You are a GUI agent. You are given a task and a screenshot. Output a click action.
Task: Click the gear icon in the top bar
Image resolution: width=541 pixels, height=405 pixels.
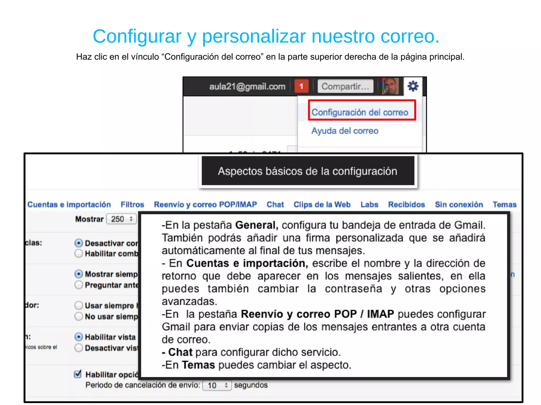click(x=413, y=86)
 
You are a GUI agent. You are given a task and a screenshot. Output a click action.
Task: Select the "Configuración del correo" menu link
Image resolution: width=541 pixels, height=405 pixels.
click(x=360, y=112)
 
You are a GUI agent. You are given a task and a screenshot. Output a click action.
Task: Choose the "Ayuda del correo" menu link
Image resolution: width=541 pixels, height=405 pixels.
click(x=345, y=131)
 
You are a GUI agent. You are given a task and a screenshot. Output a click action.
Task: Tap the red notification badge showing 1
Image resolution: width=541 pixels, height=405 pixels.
click(x=301, y=86)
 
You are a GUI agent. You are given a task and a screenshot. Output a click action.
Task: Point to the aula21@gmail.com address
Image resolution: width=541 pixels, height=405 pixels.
click(x=247, y=87)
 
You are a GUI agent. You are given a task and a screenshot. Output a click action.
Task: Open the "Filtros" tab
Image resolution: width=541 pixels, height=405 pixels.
click(x=132, y=204)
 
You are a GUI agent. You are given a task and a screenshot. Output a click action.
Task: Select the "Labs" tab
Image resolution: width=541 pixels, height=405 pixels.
click(x=369, y=204)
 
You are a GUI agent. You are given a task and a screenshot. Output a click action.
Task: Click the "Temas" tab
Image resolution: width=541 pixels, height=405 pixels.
click(x=505, y=204)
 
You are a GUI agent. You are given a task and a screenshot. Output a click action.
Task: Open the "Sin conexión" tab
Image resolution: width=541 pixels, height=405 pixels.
click(x=459, y=204)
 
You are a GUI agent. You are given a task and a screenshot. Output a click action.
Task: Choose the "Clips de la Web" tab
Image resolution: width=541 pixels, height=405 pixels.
click(x=322, y=204)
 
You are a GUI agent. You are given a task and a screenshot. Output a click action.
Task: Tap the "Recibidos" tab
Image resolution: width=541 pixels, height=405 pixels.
click(x=407, y=204)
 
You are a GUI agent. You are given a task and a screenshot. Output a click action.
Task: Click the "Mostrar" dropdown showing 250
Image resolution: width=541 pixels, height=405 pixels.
click(x=122, y=219)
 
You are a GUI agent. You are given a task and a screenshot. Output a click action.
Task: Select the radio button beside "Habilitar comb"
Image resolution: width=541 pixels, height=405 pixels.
click(x=78, y=254)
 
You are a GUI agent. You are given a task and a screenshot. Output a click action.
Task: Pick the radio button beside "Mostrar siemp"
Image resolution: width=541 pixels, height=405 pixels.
click(x=78, y=274)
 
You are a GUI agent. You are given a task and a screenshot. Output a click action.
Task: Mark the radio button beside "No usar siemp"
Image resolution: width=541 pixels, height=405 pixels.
click(x=78, y=316)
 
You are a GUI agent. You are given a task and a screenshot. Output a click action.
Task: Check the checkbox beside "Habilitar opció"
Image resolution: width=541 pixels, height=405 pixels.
click(x=78, y=374)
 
